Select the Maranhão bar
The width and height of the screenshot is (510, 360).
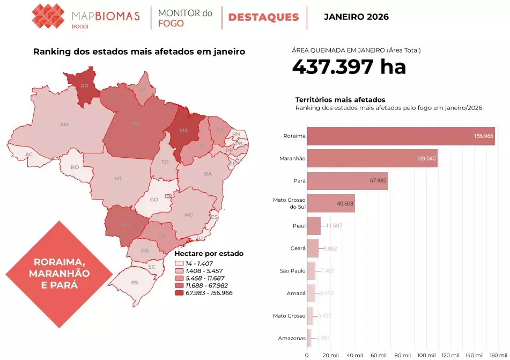point(372,158)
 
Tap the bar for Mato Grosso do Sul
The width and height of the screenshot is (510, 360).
point(331,203)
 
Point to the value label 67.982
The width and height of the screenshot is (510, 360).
point(378,181)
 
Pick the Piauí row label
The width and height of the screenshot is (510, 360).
point(299,226)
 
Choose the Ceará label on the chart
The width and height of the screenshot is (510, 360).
point(298,248)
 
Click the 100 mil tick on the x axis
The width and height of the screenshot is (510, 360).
point(426,355)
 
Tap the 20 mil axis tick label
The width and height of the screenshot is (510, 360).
point(331,355)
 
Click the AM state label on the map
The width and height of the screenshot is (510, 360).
point(64,124)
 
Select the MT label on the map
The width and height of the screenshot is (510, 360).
point(119,178)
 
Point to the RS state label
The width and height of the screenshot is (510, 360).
point(135,282)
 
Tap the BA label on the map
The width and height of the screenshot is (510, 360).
point(208,174)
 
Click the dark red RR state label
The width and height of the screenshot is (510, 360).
point(84,86)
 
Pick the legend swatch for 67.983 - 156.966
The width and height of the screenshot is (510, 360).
point(180,293)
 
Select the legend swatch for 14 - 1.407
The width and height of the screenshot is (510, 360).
point(180,264)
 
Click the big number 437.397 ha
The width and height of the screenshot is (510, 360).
point(349,67)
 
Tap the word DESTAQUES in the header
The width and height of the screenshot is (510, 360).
point(263,17)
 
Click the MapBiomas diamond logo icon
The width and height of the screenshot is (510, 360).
point(48,16)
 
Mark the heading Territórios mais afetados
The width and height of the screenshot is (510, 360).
point(340,100)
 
